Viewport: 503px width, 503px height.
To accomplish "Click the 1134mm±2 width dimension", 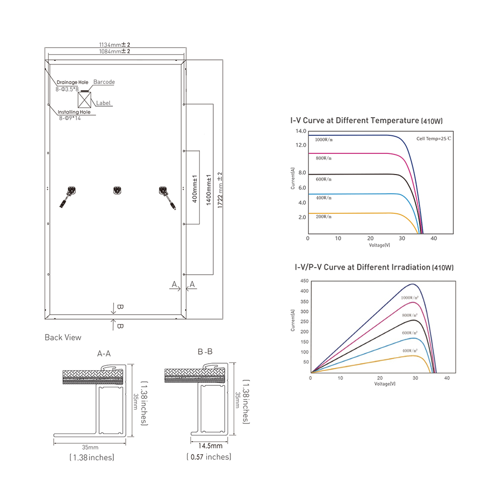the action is coord(115,45).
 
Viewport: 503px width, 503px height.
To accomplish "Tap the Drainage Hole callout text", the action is coord(72,82).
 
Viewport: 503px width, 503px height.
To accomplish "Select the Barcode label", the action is coord(104,82).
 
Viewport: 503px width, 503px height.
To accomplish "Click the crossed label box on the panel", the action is coord(85,100).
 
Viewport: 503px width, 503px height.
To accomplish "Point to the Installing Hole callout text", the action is coord(74,112).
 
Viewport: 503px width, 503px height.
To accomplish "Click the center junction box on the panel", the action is coord(117,190).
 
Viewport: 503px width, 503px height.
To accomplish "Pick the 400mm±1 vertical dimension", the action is coord(195,189).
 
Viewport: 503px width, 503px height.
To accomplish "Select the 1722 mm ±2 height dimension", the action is coord(220,190).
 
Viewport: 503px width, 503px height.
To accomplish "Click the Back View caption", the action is coord(63,338).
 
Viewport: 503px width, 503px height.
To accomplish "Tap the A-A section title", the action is coord(104,354).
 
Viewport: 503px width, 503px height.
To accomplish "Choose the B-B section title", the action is coord(205,352).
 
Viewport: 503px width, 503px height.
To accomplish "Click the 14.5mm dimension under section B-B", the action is coord(210,446).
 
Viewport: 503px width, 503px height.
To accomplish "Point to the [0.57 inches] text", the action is coord(209,457).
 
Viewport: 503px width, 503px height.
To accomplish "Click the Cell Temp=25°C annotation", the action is coord(434,139).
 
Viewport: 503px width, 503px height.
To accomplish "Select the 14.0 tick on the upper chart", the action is coord(301,131).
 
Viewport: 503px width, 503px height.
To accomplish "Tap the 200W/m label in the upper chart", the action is coord(323,217).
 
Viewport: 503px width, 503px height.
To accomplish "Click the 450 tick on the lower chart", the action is coord(304,281).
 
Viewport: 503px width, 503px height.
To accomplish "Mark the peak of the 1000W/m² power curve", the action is coord(412,284).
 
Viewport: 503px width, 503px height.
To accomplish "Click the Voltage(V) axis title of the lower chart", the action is coord(385,384).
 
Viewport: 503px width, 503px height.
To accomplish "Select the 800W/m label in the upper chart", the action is coord(323,158).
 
